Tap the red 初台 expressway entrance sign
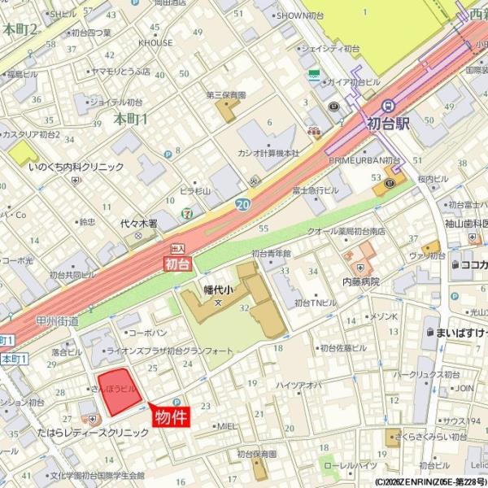pos(176,264)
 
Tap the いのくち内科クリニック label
pos(76,167)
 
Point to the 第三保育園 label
pos(225,95)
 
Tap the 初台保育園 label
pos(258,454)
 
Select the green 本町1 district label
pos(130,119)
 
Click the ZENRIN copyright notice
pos(431,481)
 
